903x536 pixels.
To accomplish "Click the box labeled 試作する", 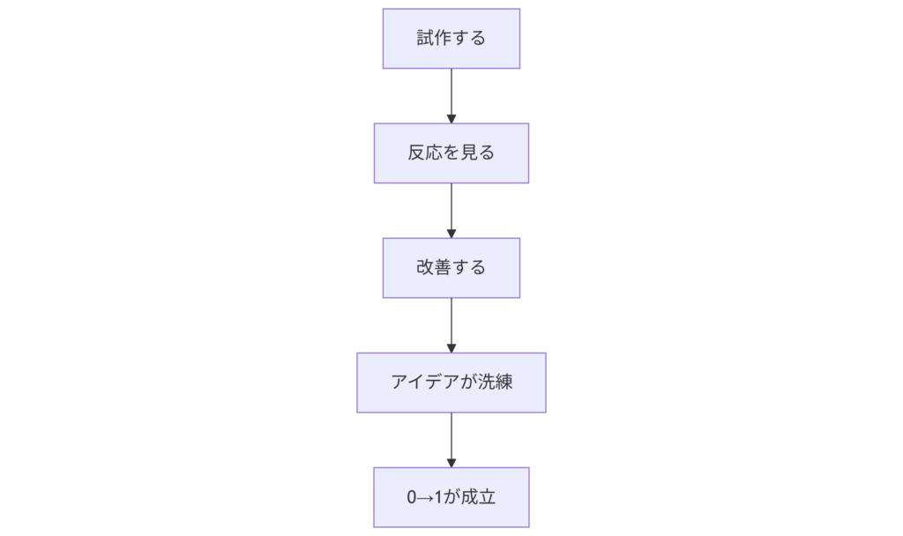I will coord(451,39).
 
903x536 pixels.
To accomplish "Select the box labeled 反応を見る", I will coord(451,153).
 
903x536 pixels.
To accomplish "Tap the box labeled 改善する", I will coord(451,268).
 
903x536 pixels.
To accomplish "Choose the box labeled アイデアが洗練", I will coord(451,383).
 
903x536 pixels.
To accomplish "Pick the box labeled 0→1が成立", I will coord(451,497).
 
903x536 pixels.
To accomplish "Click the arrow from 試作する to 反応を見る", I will coord(451,93).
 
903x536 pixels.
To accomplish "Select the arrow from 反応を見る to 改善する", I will coord(451,208).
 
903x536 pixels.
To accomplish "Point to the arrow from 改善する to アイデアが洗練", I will coord(451,323).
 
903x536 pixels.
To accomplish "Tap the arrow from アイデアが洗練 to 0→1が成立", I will coord(451,437).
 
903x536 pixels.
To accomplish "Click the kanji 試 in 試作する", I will coord(425,39).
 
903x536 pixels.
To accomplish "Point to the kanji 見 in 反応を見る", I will coord(468,153).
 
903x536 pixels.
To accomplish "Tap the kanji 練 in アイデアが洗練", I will coord(503,383).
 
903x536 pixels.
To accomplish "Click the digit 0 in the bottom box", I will coord(412,497).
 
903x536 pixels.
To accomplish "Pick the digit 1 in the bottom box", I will coord(438,497).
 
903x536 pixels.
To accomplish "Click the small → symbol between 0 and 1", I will coord(425,497).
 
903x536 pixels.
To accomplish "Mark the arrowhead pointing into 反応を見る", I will coord(451,118).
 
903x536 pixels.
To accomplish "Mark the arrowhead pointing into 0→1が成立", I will coord(451,462).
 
